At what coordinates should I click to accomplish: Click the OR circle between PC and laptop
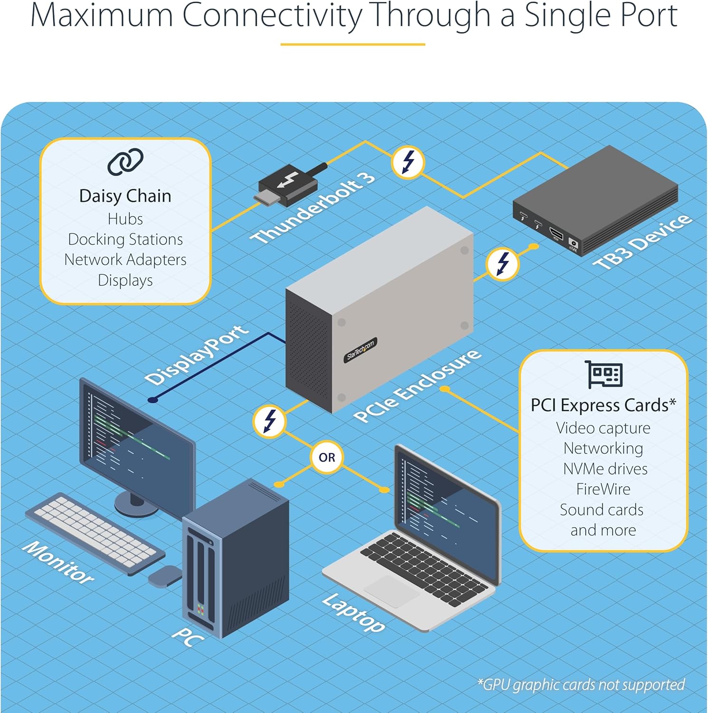pos(327,457)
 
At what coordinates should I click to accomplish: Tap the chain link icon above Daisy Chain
pos(125,162)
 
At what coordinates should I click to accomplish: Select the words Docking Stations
pos(125,239)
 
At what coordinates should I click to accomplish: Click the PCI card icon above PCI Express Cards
pos(603,375)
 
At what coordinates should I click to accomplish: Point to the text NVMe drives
pos(605,469)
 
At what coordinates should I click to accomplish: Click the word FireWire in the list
pos(603,489)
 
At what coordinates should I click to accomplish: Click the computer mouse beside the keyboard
pos(164,576)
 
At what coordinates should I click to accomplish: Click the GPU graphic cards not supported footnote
pos(581,685)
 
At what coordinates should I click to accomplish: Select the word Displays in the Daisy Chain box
pos(125,280)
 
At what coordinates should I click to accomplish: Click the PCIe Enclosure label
pos(417,386)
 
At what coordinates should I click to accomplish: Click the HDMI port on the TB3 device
pos(556,234)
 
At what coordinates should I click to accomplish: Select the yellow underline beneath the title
pos(353,44)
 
